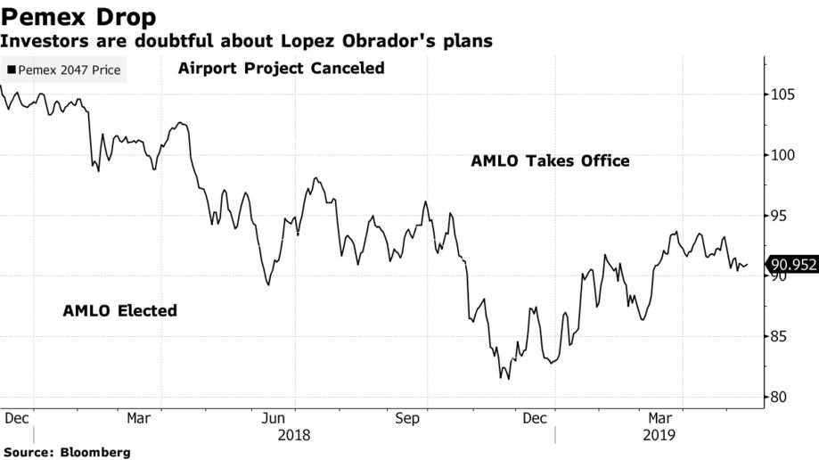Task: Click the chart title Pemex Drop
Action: [x=79, y=16]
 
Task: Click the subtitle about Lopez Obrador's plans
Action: [x=246, y=41]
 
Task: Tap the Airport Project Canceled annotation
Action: [x=281, y=69]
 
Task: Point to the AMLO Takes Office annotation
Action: [x=550, y=161]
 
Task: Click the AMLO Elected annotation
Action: [x=119, y=311]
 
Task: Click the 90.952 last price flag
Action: [x=793, y=264]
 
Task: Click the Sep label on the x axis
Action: [x=407, y=418]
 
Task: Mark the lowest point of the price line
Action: [x=509, y=379]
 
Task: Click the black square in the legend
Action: [x=11, y=70]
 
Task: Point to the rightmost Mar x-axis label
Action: [x=659, y=418]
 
